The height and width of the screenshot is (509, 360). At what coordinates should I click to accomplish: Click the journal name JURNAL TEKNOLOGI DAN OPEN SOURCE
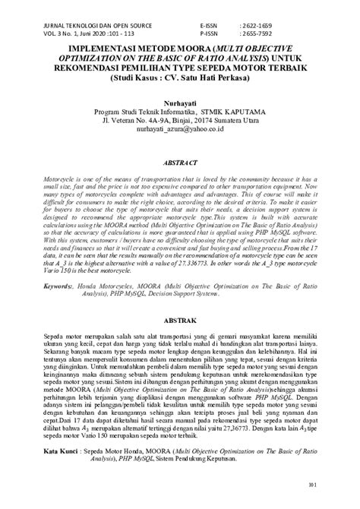78,24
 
